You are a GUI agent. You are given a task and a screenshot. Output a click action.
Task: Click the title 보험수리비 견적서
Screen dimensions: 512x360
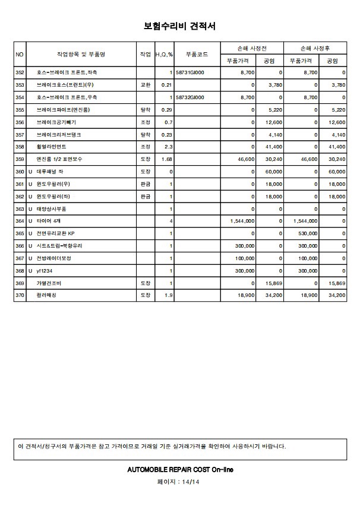[x=179, y=26]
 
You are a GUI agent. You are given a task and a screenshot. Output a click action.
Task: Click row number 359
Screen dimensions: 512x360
[x=20, y=160]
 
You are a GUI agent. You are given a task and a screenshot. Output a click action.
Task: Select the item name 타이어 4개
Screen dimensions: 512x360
[x=49, y=222]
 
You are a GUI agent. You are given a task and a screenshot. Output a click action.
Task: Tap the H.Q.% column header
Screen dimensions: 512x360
[x=164, y=54]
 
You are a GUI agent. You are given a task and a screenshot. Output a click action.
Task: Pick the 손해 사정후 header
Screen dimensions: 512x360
[x=315, y=48]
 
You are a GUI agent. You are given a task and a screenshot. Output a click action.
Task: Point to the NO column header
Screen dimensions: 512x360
[x=20, y=54]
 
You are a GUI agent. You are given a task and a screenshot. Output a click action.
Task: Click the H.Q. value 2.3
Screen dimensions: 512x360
[x=168, y=147]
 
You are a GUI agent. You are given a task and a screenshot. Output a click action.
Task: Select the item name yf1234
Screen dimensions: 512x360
[x=45, y=271]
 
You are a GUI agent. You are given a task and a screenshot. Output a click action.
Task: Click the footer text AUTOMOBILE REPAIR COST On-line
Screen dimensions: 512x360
[x=180, y=469]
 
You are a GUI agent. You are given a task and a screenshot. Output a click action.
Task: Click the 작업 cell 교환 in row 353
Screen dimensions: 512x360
[x=145, y=85]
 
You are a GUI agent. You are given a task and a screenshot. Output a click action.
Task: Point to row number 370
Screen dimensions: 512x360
[x=20, y=295]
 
